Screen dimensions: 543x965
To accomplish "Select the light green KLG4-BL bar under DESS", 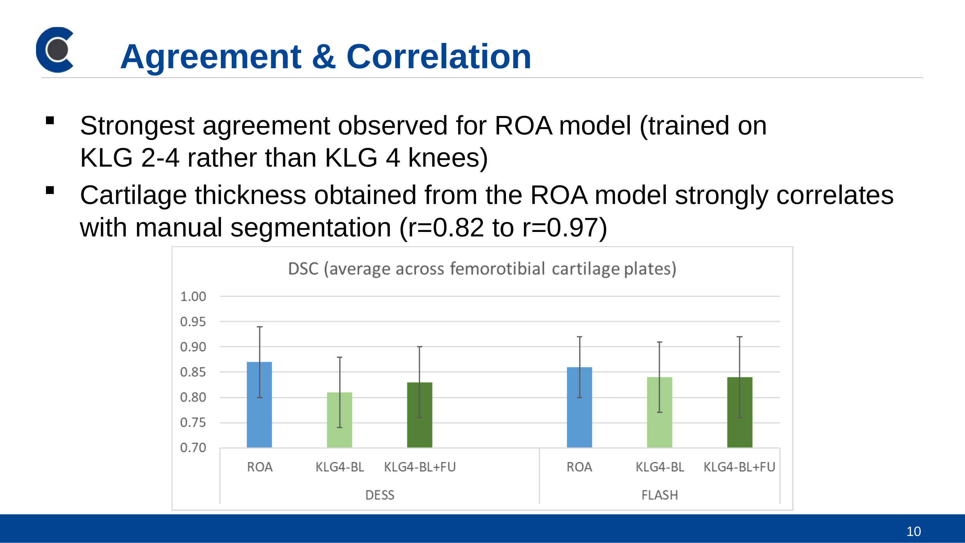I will [339, 420].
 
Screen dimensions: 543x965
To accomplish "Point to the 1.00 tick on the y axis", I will [193, 296].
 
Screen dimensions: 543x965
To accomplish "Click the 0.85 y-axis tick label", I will [193, 372].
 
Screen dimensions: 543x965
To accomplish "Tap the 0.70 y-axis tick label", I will [193, 447].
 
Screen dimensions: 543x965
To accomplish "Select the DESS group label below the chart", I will [380, 495].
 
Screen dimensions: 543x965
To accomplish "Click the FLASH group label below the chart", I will [659, 495].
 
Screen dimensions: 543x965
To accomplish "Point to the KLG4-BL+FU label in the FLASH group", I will [739, 467].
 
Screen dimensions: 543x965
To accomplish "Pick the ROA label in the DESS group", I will [260, 467].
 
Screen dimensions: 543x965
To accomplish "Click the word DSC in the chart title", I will [303, 269].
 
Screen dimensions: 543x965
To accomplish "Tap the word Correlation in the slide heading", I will [438, 57].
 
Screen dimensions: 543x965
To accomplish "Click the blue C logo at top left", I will [55, 50].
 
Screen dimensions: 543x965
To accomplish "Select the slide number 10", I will [913, 531].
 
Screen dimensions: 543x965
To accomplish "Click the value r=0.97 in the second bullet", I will [564, 227].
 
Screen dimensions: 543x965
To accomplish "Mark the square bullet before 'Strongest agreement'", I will [50, 120].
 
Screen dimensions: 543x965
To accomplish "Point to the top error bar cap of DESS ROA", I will [260, 327].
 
